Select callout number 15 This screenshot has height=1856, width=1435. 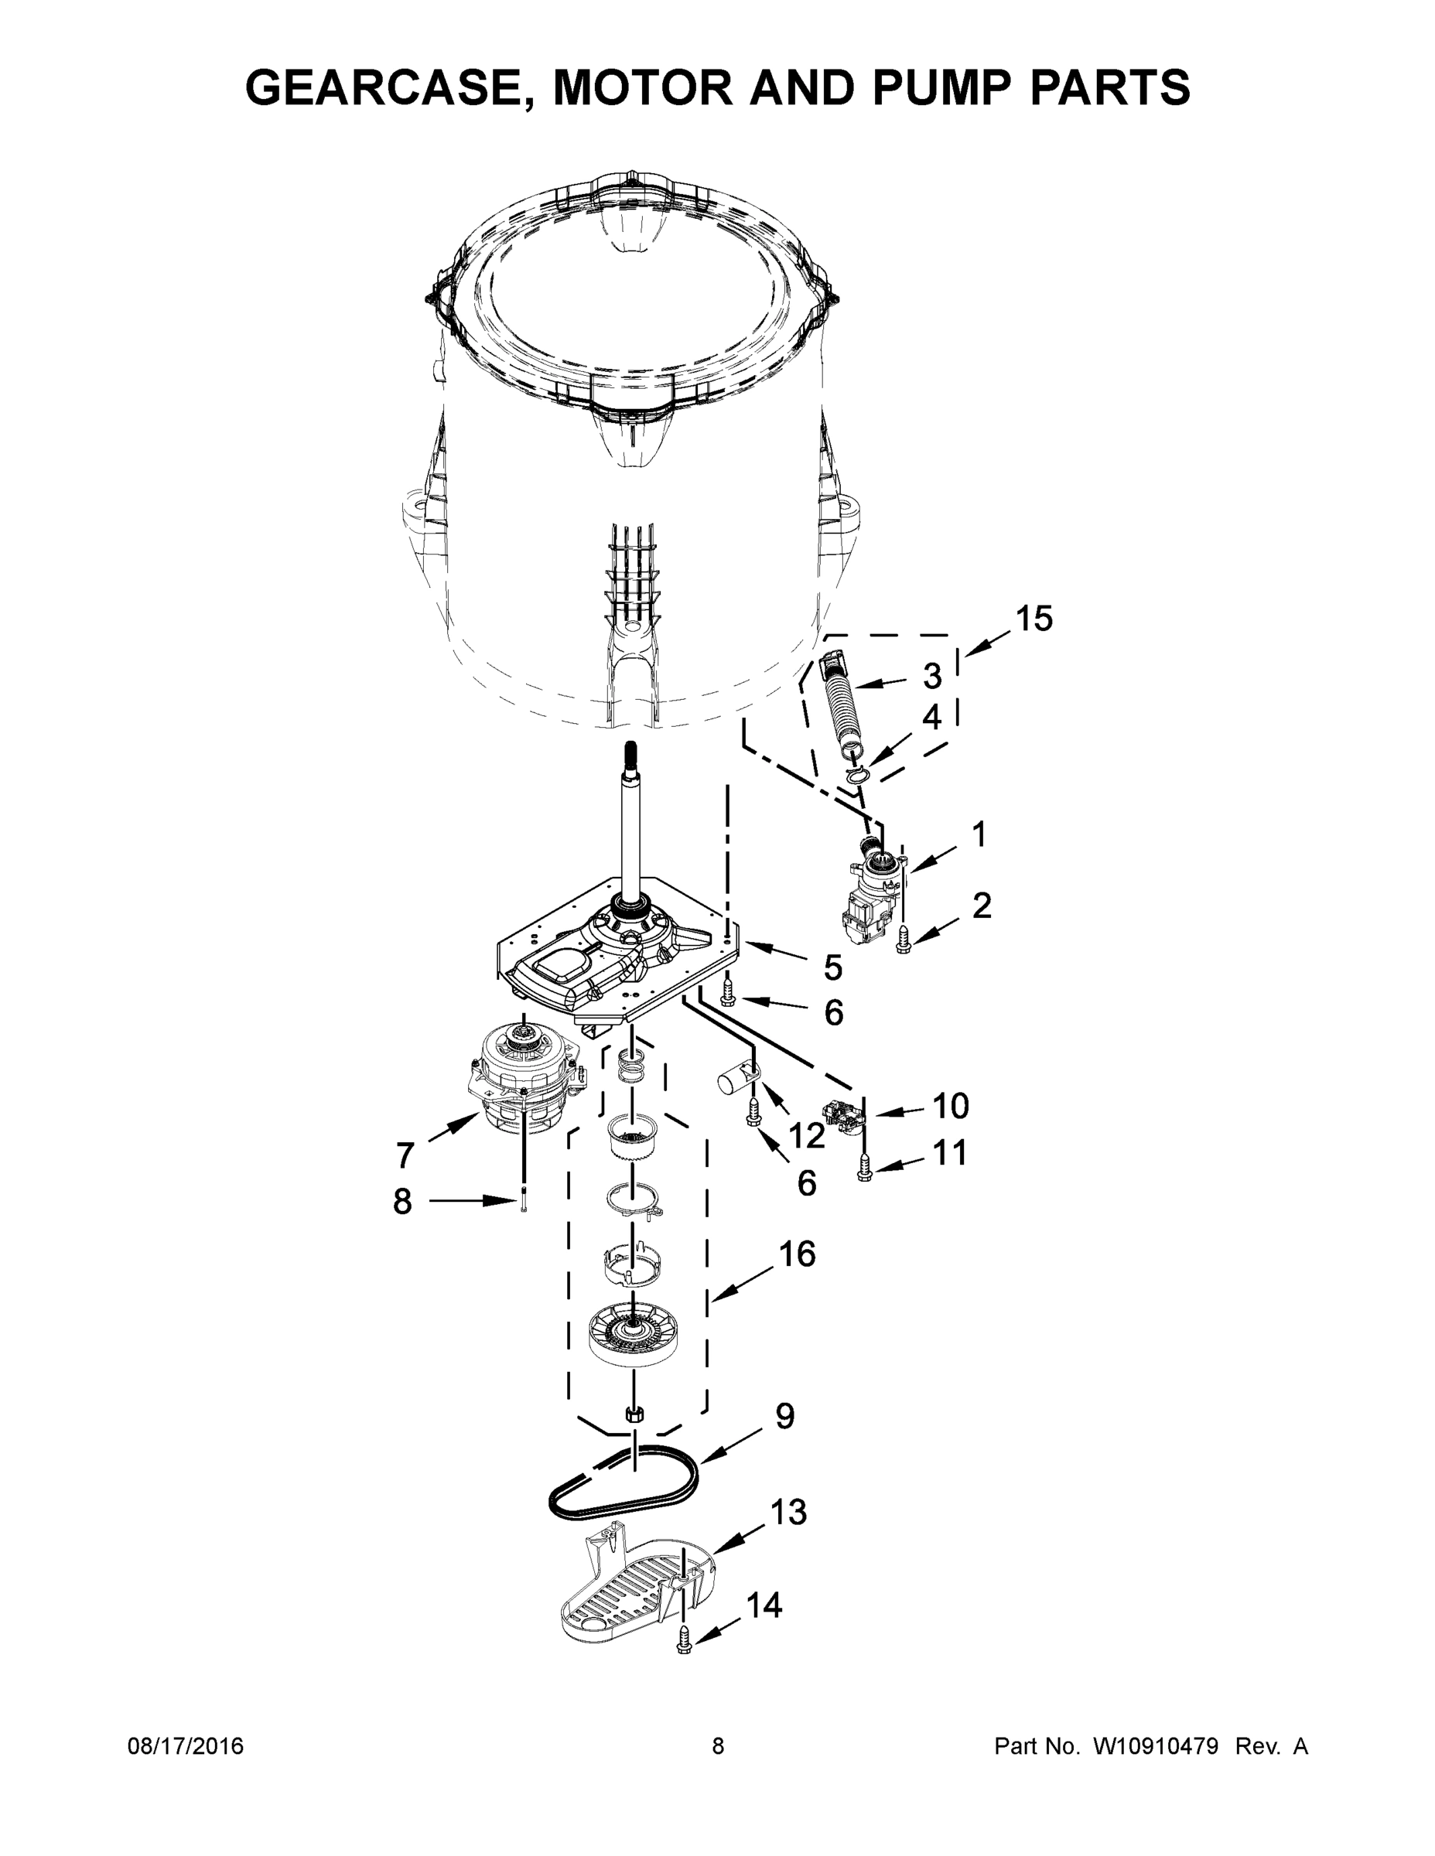coord(1034,619)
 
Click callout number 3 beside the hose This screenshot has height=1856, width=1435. coord(933,676)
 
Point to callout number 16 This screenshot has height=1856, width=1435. coord(797,1254)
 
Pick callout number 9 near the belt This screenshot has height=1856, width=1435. coord(784,1416)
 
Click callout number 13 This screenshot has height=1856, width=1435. coord(788,1512)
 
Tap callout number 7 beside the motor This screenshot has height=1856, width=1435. coord(405,1155)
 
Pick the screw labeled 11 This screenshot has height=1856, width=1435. coord(866,1172)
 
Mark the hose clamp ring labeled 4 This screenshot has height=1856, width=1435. coord(859,773)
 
